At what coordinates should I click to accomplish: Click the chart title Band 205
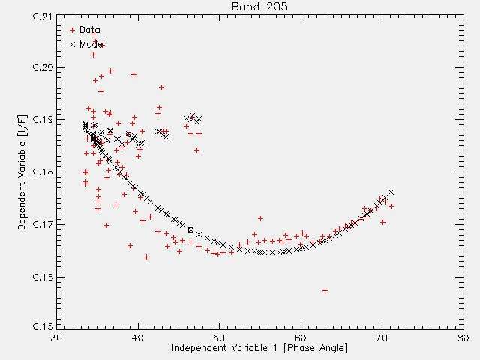point(259,7)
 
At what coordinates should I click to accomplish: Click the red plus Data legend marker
point(72,30)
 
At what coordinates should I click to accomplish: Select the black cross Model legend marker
point(72,45)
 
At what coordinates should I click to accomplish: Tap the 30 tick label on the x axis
point(57,338)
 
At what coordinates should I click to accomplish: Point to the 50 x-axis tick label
point(219,338)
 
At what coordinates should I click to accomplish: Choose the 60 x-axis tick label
point(301,338)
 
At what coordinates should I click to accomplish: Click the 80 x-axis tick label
point(463,338)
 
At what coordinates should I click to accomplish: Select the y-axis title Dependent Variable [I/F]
point(22,172)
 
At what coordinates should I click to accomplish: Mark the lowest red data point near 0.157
point(325,290)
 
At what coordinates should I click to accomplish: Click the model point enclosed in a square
point(190,230)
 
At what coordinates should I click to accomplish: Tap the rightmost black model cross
point(391,192)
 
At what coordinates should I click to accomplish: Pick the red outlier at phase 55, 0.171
point(260,218)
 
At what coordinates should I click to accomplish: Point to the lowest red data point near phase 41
point(147,256)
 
